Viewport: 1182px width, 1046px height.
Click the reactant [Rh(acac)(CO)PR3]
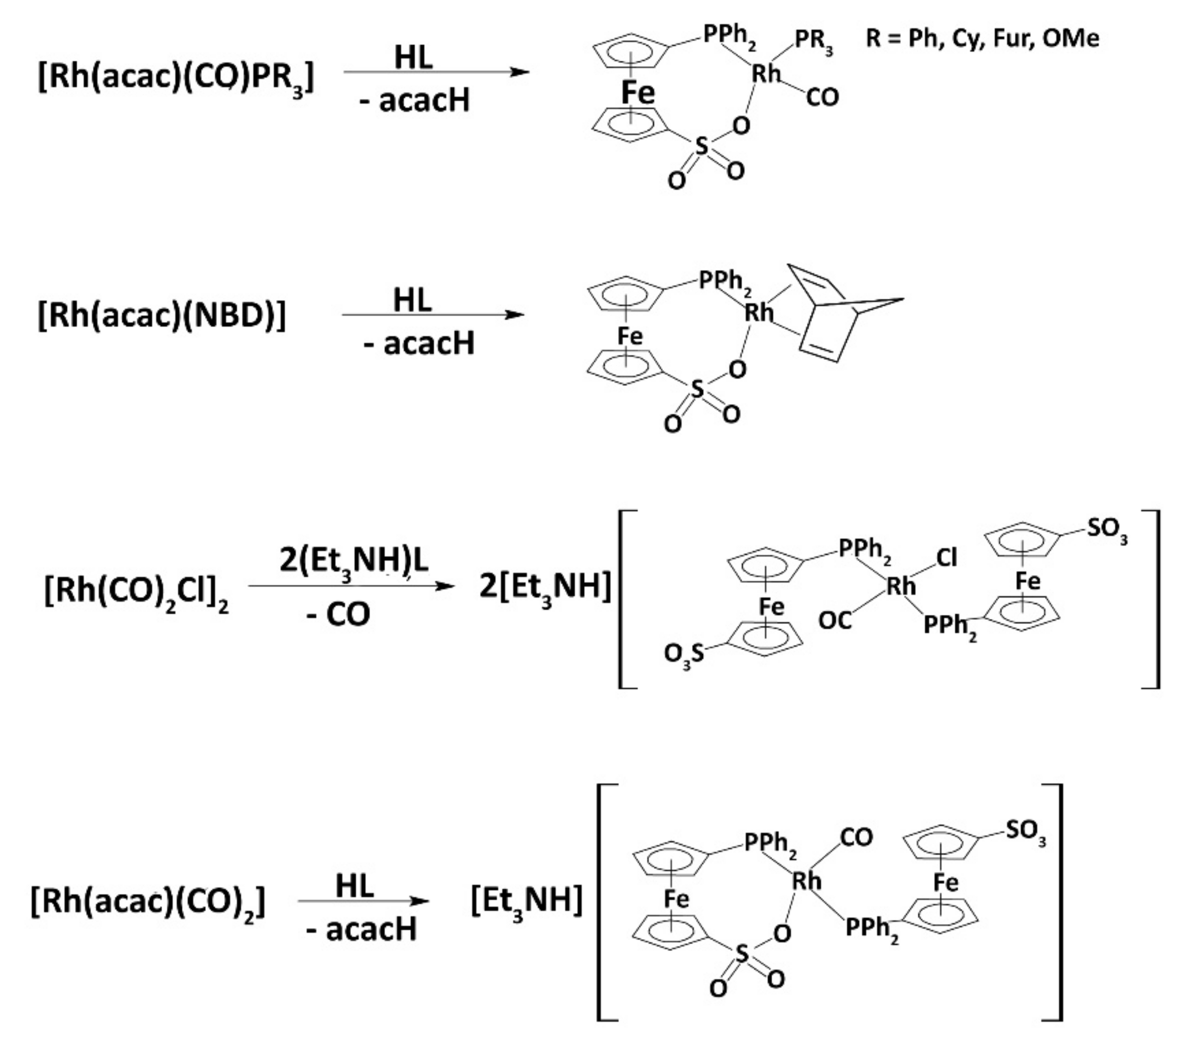point(176,77)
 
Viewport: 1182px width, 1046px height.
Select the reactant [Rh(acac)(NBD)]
point(161,316)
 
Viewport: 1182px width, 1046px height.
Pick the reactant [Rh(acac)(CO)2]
point(148,901)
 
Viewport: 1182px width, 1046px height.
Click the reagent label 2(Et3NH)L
point(353,561)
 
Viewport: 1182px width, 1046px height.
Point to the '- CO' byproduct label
point(338,614)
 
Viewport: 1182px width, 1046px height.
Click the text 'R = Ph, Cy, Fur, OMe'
point(982,39)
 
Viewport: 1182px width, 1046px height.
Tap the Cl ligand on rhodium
point(947,558)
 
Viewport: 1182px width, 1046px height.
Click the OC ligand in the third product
point(835,621)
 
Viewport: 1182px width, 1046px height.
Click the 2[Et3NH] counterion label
point(544,587)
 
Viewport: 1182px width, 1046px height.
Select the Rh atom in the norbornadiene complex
point(758,313)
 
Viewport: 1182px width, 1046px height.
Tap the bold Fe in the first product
point(638,92)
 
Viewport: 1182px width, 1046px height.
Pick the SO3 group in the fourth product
point(1025,831)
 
